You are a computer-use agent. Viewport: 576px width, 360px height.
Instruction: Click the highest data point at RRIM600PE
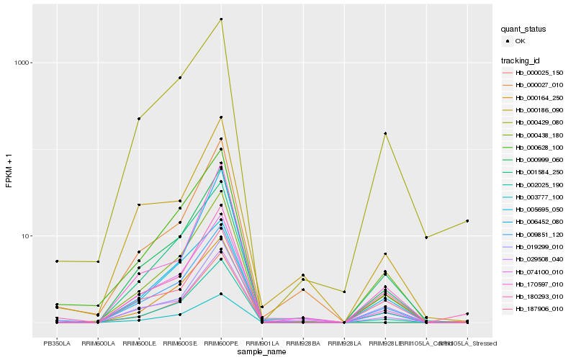(x=221, y=19)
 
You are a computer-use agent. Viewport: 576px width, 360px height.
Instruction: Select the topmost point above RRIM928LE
(x=386, y=133)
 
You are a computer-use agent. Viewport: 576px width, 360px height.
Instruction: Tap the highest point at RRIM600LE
(x=139, y=119)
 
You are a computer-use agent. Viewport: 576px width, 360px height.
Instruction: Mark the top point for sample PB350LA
(x=56, y=261)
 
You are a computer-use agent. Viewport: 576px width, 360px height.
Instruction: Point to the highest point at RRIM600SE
(x=180, y=78)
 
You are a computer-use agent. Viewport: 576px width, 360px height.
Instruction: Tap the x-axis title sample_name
(x=262, y=351)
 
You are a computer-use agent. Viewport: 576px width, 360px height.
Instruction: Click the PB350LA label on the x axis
(x=56, y=343)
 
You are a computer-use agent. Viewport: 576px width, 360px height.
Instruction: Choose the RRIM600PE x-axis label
(x=221, y=343)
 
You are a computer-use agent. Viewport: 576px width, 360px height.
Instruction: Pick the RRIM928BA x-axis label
(x=303, y=343)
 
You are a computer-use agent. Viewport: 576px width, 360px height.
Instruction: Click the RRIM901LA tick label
(x=262, y=343)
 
